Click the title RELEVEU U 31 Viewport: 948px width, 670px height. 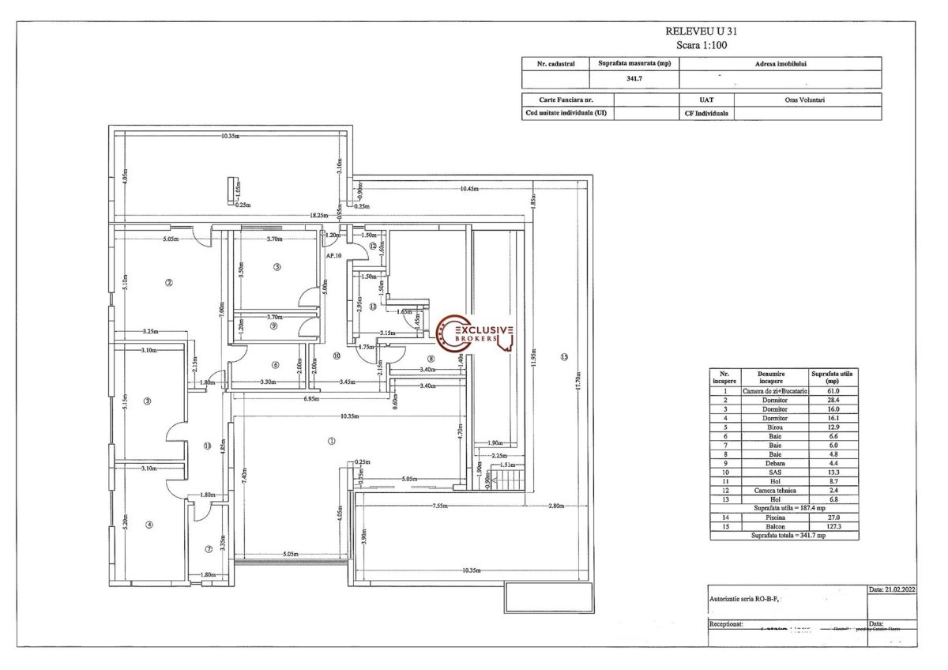702,31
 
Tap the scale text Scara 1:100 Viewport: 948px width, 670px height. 702,45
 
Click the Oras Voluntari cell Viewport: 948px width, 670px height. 807,100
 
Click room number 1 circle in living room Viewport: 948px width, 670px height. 332,442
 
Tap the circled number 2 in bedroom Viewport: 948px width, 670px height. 168,281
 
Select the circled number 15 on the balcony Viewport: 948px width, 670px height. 563,356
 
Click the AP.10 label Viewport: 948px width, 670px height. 333,256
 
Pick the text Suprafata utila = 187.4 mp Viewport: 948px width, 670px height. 783,508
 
